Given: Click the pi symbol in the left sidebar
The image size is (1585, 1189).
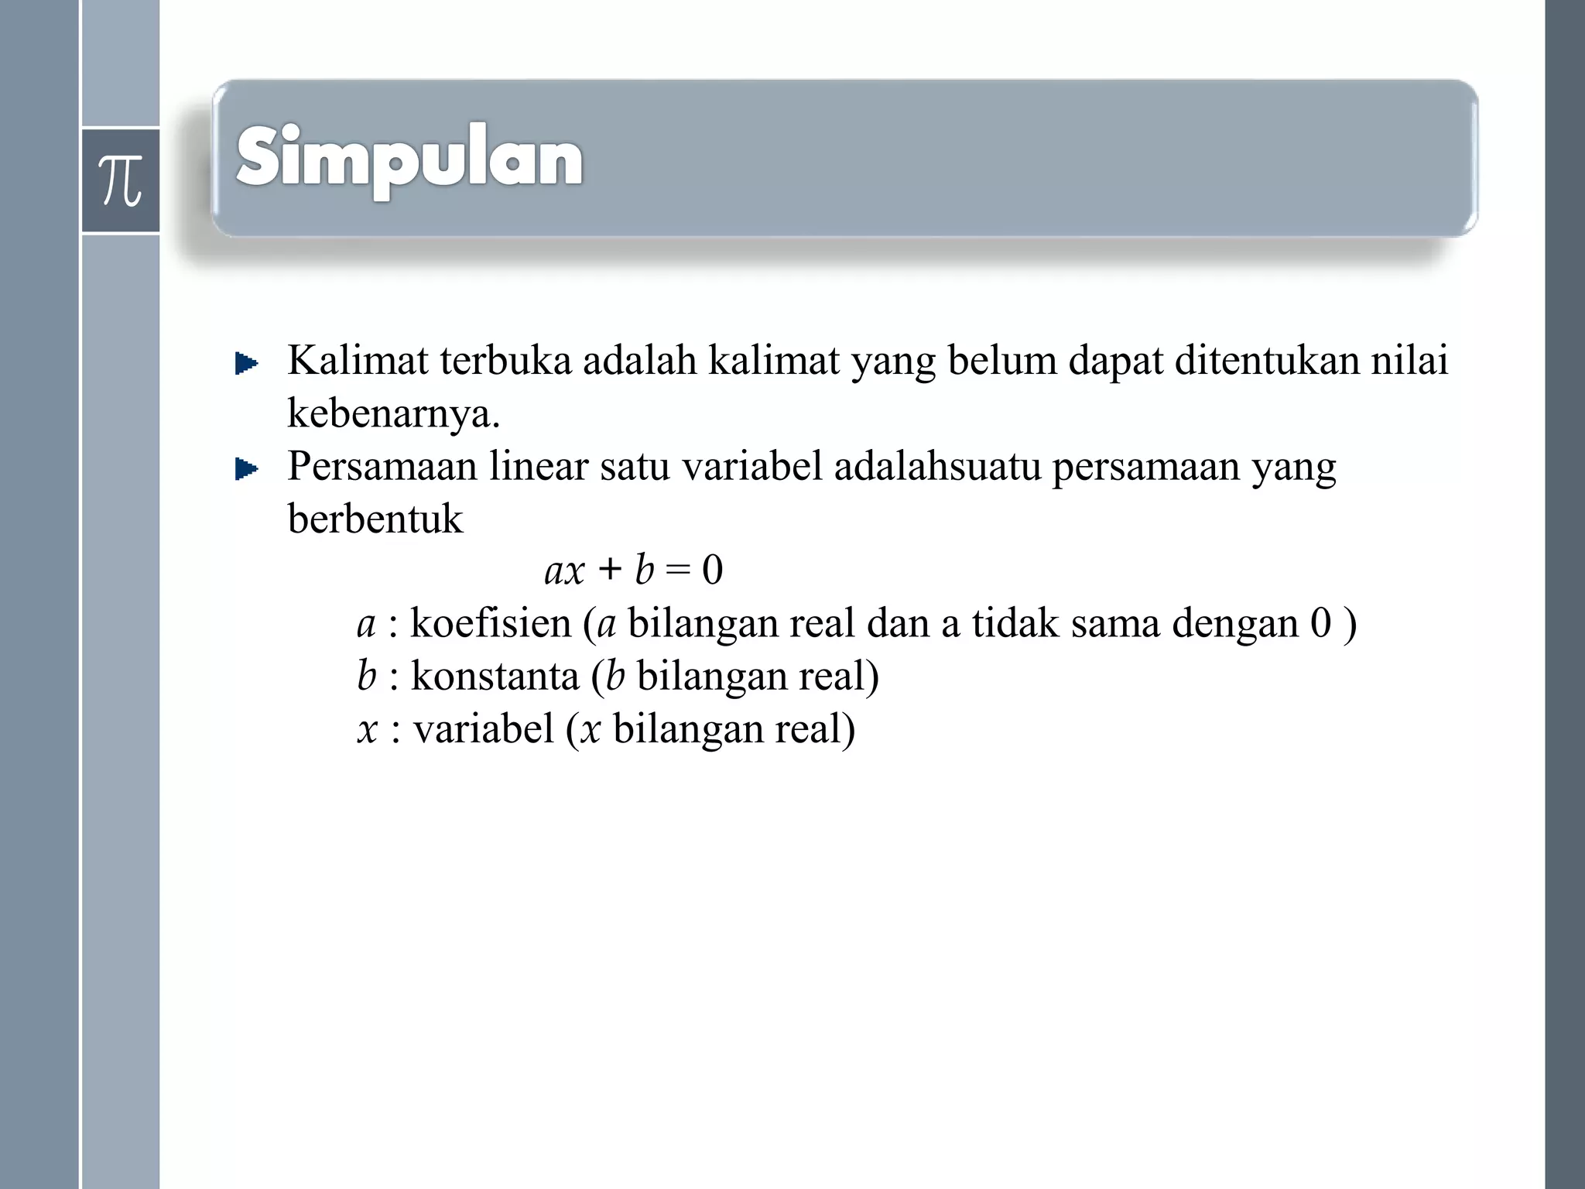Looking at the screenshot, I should pos(121,180).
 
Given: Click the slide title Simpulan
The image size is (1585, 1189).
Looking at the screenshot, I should pos(409,159).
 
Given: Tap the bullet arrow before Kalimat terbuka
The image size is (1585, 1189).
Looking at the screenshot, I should pos(246,363).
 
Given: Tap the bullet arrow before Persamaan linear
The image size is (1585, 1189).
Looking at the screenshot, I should pos(246,469).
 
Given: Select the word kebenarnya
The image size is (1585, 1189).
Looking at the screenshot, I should pos(393,413).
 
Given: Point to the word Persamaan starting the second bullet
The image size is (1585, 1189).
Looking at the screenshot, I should pos(382,467).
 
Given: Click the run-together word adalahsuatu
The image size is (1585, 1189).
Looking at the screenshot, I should pos(937,467).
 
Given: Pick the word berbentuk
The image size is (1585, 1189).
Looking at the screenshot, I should pos(375,519).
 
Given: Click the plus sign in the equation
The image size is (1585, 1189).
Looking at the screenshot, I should pos(610,571).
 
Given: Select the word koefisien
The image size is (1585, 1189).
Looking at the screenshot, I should pos(491,623).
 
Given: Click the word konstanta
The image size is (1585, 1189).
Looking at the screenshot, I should pos(495,676).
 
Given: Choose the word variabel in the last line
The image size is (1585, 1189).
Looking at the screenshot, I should pos(484,728).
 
